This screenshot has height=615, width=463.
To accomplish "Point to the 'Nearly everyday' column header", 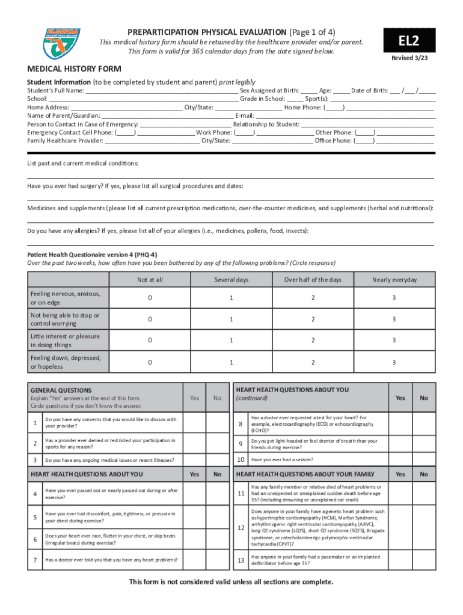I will pos(394,280).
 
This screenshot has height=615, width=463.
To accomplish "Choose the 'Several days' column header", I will pos(231,280).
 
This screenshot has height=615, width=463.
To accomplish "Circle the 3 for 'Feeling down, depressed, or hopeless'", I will pos(394,362).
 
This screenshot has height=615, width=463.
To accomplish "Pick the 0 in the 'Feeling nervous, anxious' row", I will pos(150,298).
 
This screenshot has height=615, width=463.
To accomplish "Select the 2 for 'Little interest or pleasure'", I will pos(313,341).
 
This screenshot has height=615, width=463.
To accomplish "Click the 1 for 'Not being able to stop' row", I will pos(231,320).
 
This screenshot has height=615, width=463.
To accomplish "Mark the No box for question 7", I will pos(217,560).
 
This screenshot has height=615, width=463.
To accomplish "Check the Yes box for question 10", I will pos(400,460).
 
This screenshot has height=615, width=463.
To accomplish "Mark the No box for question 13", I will pos(424,560).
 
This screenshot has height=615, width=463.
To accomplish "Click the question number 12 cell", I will pos(241,527).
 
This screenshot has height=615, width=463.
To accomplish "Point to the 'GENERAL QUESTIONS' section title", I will pos(61,390).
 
